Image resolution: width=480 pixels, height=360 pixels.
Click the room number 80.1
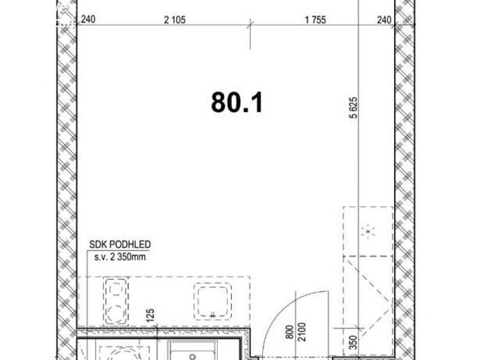click(x=237, y=102)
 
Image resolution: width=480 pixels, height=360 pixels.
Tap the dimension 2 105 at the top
click(x=174, y=20)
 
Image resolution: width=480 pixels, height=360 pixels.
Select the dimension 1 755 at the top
click(x=315, y=20)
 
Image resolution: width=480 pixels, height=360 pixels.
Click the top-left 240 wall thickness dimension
click(x=88, y=20)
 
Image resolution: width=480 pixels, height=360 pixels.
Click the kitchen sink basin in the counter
click(x=212, y=300)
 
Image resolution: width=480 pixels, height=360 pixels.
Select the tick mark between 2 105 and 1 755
click(x=250, y=26)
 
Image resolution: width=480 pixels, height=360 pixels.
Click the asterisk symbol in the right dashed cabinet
click(x=368, y=232)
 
